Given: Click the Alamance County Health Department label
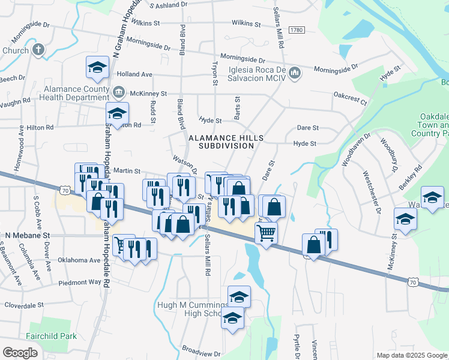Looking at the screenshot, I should coord(75,93).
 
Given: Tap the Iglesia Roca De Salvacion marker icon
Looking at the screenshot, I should coord(295,74).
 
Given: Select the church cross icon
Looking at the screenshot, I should coord(38,50).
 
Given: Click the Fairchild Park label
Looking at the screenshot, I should coord(51,336).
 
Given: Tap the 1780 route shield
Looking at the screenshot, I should coord(297,30).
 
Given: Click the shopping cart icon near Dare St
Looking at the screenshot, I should coord(266,232).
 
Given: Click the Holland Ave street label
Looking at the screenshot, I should coord(135,74).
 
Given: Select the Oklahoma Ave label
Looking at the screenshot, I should coord(79,260).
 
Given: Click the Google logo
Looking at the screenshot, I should coord(20,352).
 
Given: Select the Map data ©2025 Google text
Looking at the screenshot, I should coord(411,355).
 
